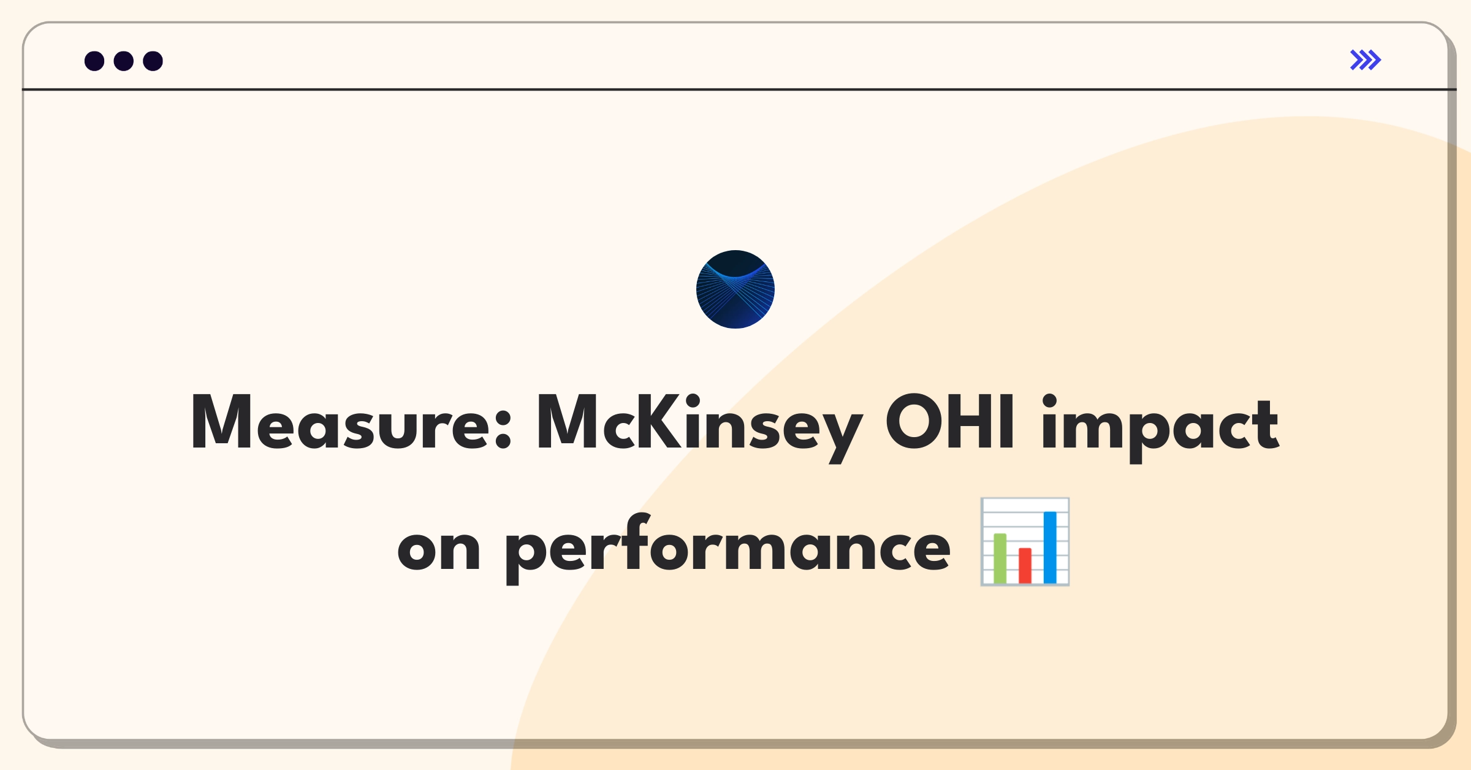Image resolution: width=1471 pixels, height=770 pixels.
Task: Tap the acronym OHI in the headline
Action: coord(949,422)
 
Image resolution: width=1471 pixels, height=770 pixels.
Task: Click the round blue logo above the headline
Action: coord(735,289)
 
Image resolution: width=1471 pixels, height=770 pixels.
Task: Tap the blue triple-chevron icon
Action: coord(1366,60)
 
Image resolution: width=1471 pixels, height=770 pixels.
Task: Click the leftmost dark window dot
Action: coord(94,61)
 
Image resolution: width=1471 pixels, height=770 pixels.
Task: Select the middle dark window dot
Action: coord(124,61)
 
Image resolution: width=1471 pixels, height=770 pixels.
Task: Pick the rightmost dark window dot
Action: coord(153,61)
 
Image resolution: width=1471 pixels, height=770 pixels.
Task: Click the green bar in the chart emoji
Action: coord(1000,558)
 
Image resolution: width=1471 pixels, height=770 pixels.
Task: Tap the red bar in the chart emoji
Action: coord(1025,565)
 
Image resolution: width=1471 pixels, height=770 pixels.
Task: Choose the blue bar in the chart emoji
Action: coord(1050,547)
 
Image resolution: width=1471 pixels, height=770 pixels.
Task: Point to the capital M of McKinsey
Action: coord(570,422)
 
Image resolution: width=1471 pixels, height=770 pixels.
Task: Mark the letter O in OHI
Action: coord(914,422)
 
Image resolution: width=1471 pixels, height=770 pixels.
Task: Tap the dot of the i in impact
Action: coord(1049,401)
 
